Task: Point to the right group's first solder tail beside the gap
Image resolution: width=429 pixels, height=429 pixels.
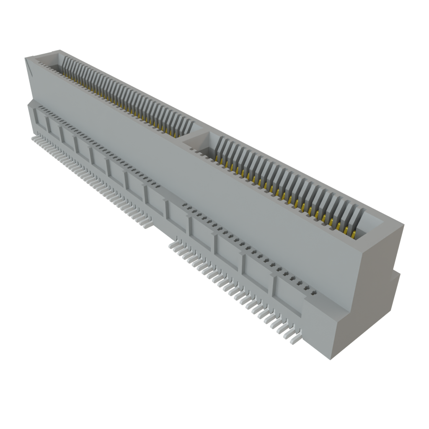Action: (x=173, y=245)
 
